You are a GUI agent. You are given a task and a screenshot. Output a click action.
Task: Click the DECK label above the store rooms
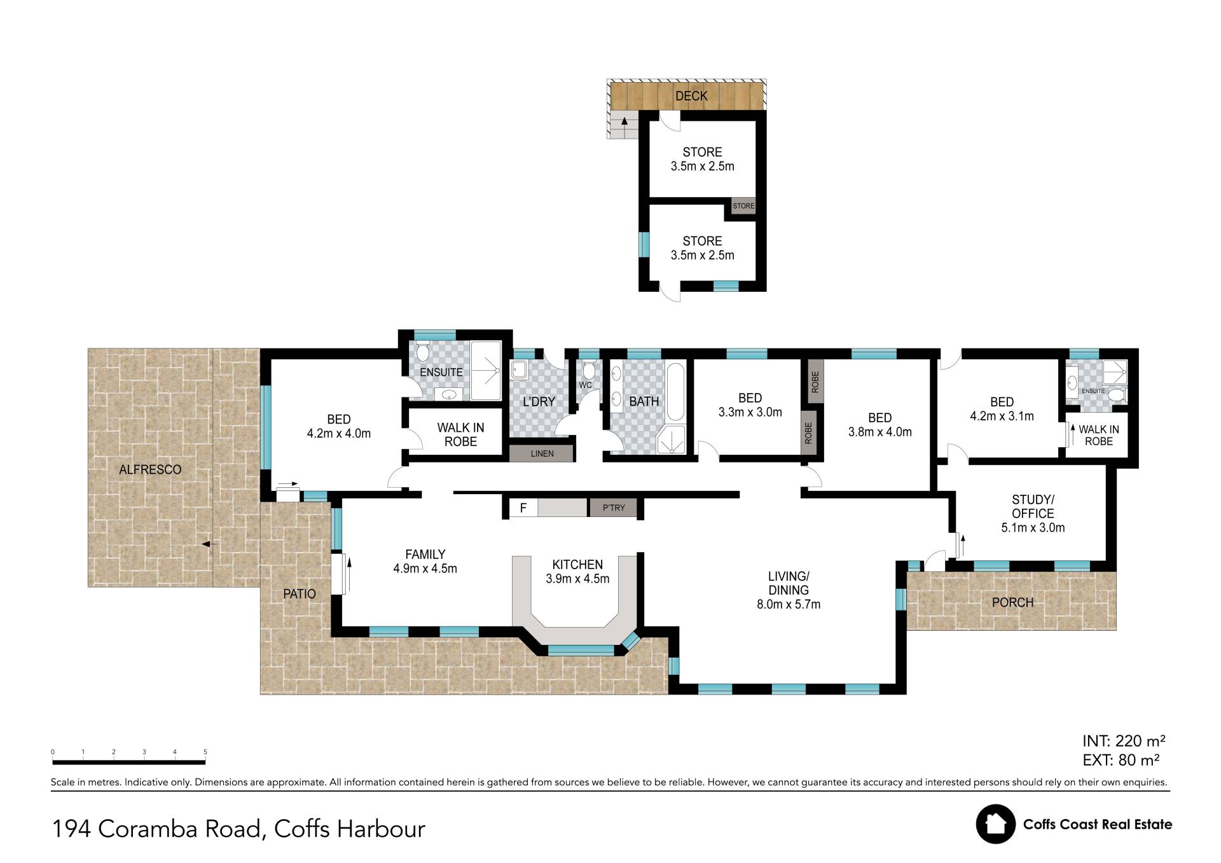click(x=691, y=96)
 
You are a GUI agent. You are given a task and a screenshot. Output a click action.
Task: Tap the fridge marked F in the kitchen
click(x=523, y=507)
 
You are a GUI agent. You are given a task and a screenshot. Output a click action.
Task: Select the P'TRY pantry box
click(x=614, y=507)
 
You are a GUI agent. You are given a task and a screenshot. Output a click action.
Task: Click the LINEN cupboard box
click(x=542, y=453)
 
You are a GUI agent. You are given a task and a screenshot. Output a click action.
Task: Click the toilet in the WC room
click(x=589, y=370)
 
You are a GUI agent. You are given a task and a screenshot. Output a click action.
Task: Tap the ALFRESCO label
click(x=151, y=470)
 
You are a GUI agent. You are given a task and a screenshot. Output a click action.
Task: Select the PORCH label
click(x=1013, y=602)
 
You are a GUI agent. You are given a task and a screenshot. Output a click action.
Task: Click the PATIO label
click(x=300, y=594)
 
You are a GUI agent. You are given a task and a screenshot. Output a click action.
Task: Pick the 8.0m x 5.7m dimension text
click(x=789, y=605)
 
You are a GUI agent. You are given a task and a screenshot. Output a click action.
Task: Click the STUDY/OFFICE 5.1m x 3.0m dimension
click(x=1033, y=528)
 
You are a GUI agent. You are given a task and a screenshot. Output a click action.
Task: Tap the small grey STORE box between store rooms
click(x=743, y=206)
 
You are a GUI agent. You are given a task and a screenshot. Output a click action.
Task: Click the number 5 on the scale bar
click(x=205, y=752)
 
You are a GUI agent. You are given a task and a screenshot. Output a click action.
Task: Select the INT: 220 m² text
click(x=1124, y=741)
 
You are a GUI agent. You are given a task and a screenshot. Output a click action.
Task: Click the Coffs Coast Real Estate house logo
click(x=996, y=824)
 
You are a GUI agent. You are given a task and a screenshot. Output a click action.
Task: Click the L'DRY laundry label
click(x=539, y=402)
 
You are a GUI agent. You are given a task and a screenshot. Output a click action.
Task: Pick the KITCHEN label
click(x=577, y=565)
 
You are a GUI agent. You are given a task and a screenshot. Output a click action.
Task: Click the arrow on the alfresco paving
click(x=209, y=544)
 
